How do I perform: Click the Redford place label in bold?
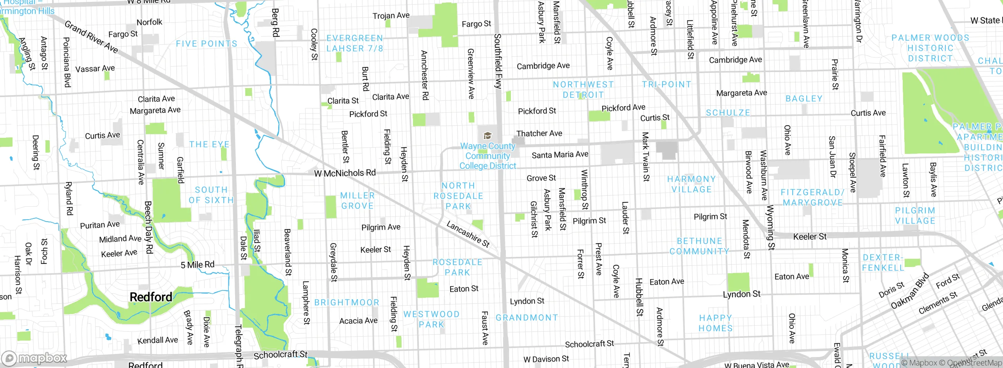[151, 297]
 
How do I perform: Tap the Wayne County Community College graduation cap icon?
[487, 136]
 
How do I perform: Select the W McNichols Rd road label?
[345, 173]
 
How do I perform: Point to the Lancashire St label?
[468, 234]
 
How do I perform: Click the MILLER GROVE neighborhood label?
[357, 200]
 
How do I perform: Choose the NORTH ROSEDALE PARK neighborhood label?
[458, 196]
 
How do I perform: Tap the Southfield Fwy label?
[498, 61]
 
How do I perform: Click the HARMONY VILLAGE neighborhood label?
[692, 184]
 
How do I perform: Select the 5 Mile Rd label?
[197, 265]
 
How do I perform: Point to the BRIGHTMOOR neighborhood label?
[347, 302]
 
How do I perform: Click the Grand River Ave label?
[91, 37]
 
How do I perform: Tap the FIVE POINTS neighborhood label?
[206, 44]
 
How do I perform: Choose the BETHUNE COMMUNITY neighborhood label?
[699, 246]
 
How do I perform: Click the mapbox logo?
[34, 358]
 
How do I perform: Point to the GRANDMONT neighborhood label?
[527, 317]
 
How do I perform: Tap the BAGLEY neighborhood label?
[804, 99]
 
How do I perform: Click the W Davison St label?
[546, 359]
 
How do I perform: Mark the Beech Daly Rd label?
[148, 227]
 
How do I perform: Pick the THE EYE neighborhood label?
[209, 144]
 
